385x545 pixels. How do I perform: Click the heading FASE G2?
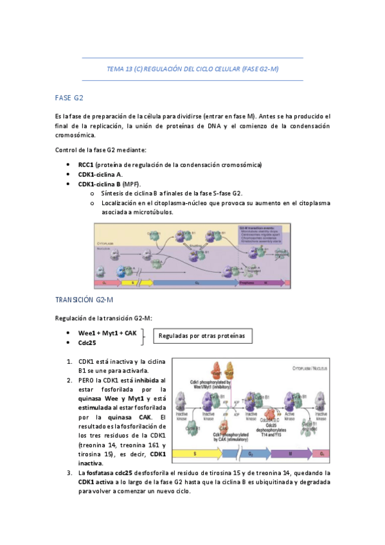click(x=69, y=98)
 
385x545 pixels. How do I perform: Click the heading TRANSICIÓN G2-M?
click(x=85, y=300)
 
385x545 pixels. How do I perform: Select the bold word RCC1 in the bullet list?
click(x=86, y=165)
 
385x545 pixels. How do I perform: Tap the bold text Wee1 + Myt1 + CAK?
click(x=107, y=334)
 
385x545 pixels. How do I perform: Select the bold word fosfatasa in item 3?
click(x=103, y=472)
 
